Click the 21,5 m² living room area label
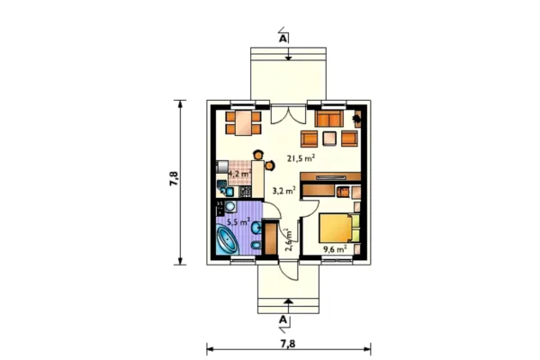(301, 158)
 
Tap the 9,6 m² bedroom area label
(335, 249)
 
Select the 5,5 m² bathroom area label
(238, 222)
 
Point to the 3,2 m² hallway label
(284, 190)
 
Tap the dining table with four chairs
(244, 122)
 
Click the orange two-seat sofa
(328, 119)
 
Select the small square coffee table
(329, 139)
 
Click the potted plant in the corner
(356, 119)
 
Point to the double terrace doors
(288, 114)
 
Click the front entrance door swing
(289, 270)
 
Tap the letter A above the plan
(283, 39)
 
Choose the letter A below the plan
(283, 319)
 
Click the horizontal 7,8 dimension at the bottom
(288, 344)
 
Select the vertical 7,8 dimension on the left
(175, 179)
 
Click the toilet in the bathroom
(256, 246)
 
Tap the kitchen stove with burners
(245, 192)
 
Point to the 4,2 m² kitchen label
(239, 174)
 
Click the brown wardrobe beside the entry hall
(271, 238)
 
